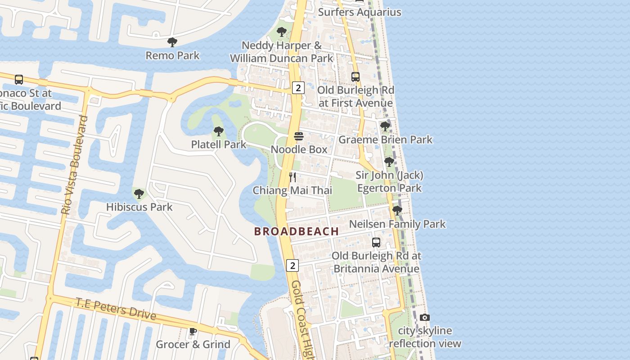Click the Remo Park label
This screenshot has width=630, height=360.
click(172, 56)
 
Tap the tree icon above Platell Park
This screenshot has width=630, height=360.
click(218, 131)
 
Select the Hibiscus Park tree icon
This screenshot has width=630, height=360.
click(139, 194)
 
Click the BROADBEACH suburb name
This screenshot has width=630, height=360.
click(297, 231)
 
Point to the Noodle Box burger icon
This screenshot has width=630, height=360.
click(299, 136)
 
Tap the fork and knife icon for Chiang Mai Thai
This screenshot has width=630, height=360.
click(292, 177)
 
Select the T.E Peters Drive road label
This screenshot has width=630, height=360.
click(116, 309)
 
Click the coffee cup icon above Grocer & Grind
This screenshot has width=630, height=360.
click(193, 332)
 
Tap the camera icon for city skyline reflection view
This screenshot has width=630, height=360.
click(424, 318)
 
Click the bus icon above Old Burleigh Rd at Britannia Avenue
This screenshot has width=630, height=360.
click(376, 243)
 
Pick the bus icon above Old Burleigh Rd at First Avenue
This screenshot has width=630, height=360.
click(355, 77)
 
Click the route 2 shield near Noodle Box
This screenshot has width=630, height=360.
click(298, 87)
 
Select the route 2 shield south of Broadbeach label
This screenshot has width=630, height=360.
click(292, 265)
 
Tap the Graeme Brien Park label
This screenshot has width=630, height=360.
click(385, 139)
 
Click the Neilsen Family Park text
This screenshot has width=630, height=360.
click(397, 224)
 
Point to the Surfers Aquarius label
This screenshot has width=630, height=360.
click(360, 12)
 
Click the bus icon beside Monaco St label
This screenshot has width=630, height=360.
click(19, 80)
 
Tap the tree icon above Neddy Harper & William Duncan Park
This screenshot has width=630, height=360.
click(282, 32)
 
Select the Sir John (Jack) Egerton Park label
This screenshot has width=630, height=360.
click(390, 181)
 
